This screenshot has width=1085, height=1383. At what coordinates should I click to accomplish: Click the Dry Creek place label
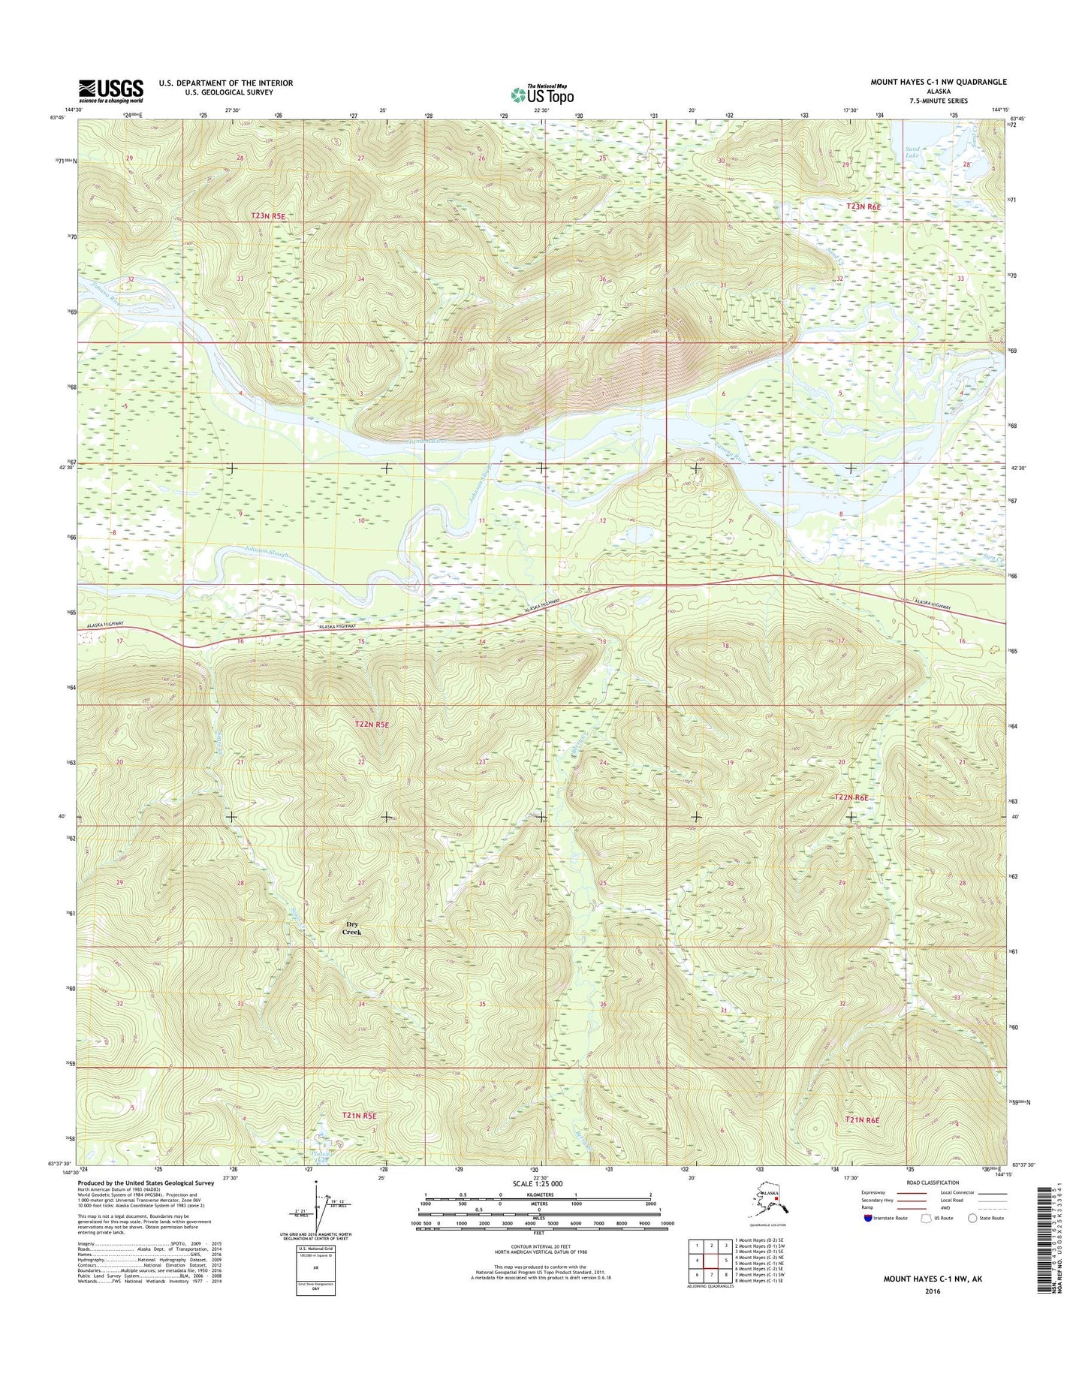[x=352, y=928]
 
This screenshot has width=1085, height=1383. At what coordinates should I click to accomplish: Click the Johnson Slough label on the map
[x=264, y=554]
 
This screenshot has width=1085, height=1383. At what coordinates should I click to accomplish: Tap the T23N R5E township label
[x=269, y=215]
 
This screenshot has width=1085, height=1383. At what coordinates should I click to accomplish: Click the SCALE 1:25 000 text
[x=537, y=1183]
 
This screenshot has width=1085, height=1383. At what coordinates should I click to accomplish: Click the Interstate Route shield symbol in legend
[x=867, y=1218]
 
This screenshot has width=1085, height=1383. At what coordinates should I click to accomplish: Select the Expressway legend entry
[x=877, y=1192]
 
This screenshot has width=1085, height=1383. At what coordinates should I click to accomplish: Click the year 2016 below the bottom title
[x=932, y=1291]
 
